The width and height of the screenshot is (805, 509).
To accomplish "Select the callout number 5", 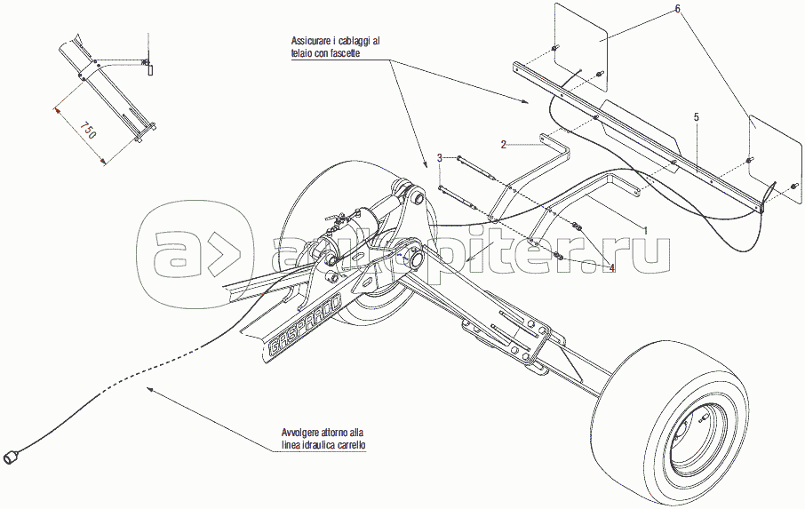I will [x=697, y=116].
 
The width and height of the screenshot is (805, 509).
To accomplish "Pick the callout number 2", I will [x=503, y=144].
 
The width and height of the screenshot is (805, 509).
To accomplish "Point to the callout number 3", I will [x=439, y=158].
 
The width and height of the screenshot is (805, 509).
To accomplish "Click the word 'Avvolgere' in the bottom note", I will [x=298, y=433].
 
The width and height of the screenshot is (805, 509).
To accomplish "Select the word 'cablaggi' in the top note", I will [x=351, y=42].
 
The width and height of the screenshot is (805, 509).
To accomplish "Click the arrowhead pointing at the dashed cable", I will [x=150, y=388].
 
